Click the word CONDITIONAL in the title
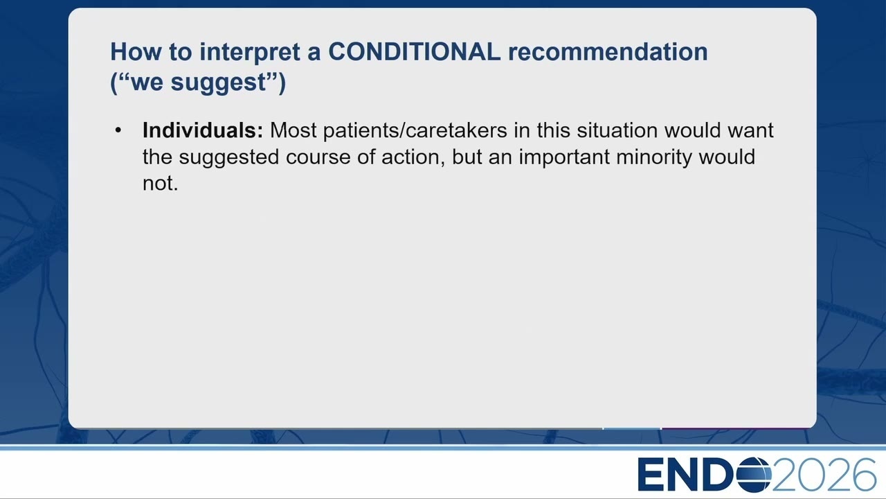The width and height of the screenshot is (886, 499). [415, 52]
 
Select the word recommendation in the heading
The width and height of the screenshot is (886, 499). [608, 52]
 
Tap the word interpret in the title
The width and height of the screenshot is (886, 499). [250, 53]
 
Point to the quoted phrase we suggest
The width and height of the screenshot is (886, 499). [198, 82]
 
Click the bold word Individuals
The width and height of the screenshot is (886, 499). [203, 130]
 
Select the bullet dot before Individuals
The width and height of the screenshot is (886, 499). [118, 130]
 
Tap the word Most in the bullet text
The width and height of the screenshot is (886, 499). [293, 130]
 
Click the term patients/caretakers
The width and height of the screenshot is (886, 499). [415, 131]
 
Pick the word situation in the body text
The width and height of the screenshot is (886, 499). [617, 130]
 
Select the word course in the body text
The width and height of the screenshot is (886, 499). [318, 157]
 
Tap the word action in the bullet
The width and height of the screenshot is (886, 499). [410, 157]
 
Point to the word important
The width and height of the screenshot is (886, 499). [564, 157]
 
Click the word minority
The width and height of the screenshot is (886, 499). [654, 157]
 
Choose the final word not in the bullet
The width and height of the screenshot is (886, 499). [160, 184]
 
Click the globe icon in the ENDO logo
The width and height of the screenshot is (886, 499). [754, 474]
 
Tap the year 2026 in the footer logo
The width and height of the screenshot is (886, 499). [824, 474]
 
